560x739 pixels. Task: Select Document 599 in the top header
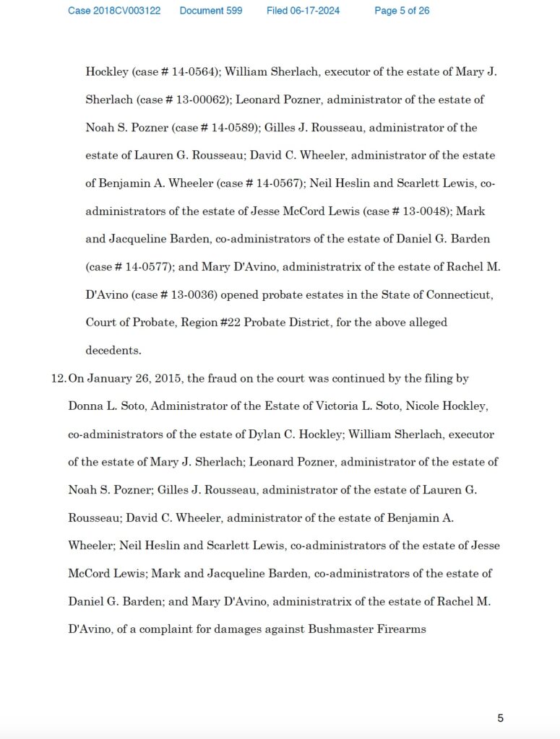tap(211, 11)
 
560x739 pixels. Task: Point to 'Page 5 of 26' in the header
tap(402, 11)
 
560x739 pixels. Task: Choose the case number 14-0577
tap(149, 267)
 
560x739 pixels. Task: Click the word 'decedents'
tap(113, 350)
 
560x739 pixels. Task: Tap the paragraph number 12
tap(58, 379)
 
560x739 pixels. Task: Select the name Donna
tap(85, 406)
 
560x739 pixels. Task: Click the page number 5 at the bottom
tap(500, 718)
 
